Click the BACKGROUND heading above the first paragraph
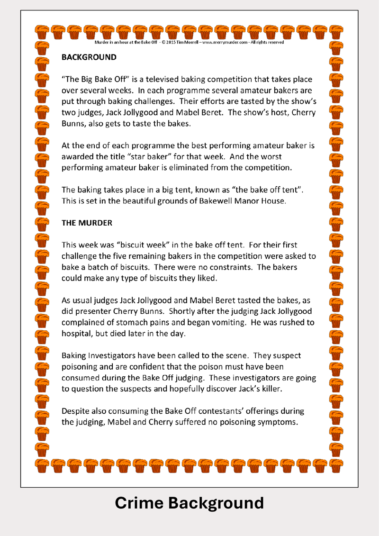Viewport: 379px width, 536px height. (89, 57)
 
